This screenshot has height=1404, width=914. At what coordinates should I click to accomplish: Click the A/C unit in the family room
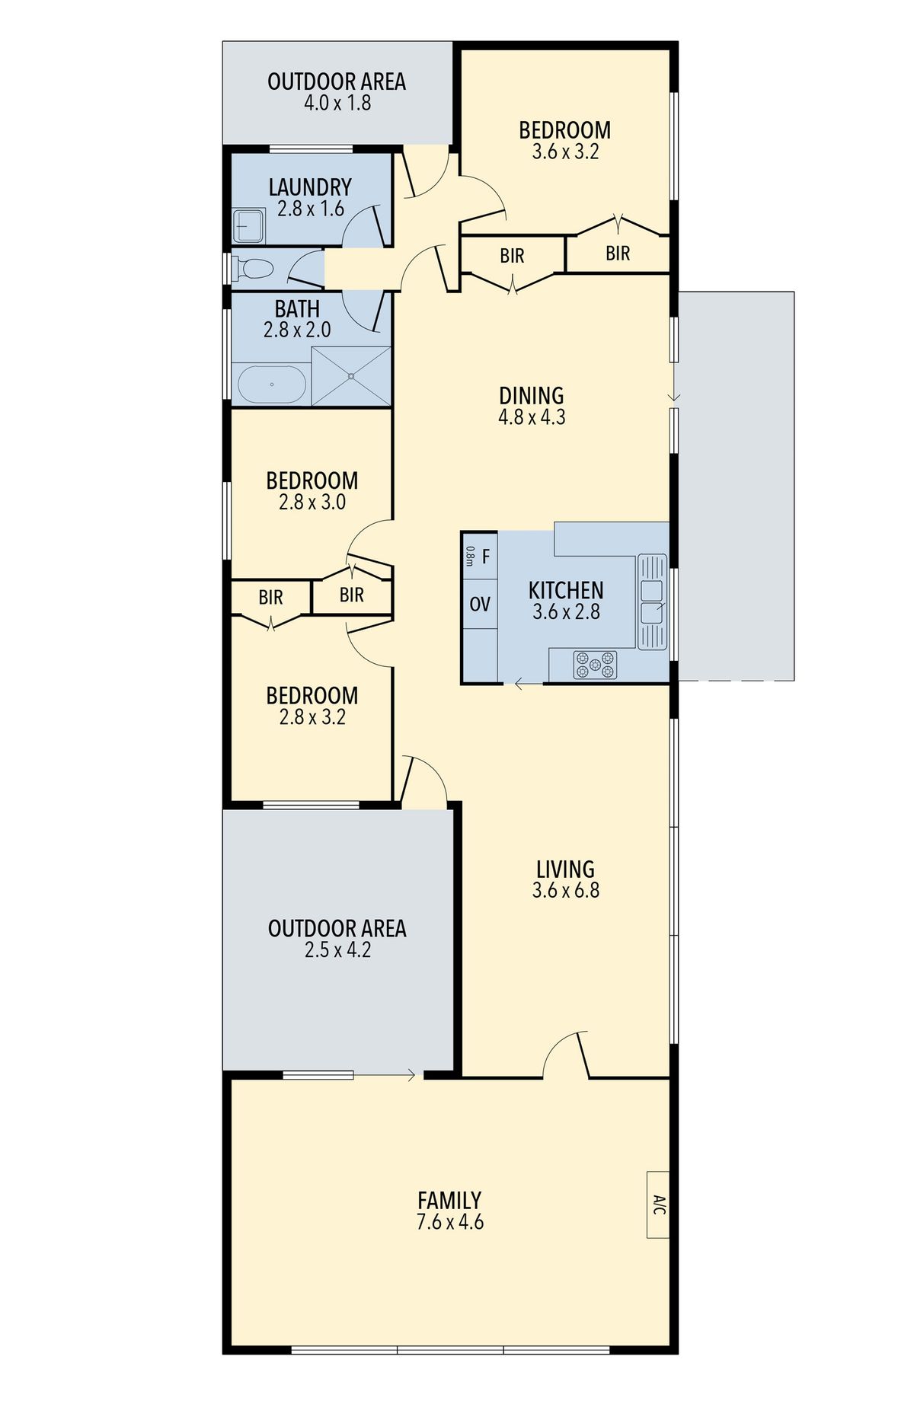click(x=658, y=1205)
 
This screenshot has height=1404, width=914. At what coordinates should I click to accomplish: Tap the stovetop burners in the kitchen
click(x=596, y=665)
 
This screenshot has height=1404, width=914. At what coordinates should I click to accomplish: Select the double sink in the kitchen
click(x=652, y=601)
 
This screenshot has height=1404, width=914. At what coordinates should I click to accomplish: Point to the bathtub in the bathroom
click(x=272, y=385)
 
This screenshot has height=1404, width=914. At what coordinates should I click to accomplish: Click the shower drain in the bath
click(x=351, y=376)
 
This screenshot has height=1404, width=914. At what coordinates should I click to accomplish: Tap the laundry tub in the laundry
click(x=248, y=226)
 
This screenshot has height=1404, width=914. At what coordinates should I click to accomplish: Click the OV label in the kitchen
click(x=480, y=605)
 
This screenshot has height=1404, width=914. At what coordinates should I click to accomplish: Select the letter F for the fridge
click(x=486, y=557)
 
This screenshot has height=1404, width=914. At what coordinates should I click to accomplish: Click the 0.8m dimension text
click(x=469, y=557)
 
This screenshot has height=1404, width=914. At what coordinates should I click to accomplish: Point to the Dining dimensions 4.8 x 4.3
click(x=532, y=417)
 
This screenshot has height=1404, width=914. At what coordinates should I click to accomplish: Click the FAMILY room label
click(x=449, y=1200)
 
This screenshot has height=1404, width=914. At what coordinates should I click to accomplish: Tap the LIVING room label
click(x=565, y=869)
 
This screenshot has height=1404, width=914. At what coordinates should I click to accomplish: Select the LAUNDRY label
click(x=310, y=187)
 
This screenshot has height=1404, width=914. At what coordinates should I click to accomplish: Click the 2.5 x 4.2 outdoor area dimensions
click(x=337, y=950)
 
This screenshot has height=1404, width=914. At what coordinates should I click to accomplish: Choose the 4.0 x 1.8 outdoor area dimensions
click(x=337, y=103)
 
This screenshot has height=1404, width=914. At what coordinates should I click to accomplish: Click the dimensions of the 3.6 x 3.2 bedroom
click(x=565, y=152)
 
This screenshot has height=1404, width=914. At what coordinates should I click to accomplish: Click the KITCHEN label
click(x=566, y=590)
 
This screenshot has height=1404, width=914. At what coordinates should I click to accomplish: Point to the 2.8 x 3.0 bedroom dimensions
click(x=312, y=502)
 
